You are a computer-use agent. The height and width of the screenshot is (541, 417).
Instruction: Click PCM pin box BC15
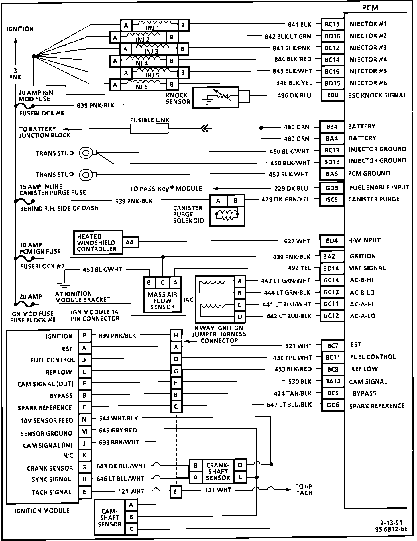(332, 24)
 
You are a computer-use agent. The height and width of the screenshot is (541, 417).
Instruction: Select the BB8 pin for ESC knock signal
(332, 95)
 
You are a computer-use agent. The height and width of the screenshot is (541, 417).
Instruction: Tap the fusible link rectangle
(149, 129)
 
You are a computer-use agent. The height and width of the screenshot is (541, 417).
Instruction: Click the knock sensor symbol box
(215, 97)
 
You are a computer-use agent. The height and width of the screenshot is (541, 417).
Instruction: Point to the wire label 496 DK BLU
(294, 95)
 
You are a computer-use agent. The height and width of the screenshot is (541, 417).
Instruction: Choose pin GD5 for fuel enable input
(332, 188)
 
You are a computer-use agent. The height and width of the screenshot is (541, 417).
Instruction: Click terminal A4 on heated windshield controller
(129, 242)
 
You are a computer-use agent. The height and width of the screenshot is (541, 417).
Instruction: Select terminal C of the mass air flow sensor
(162, 283)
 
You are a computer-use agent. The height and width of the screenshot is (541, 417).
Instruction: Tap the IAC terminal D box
(240, 317)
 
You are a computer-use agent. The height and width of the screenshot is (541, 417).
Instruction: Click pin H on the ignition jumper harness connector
(176, 335)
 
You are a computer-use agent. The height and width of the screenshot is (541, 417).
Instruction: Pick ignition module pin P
(84, 336)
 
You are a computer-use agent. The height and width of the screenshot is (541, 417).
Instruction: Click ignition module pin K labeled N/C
(84, 455)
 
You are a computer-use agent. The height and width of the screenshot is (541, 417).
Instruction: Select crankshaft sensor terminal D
(240, 466)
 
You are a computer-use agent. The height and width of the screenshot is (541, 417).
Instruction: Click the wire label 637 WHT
(297, 241)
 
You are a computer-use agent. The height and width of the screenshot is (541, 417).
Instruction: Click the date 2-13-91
(394, 523)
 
